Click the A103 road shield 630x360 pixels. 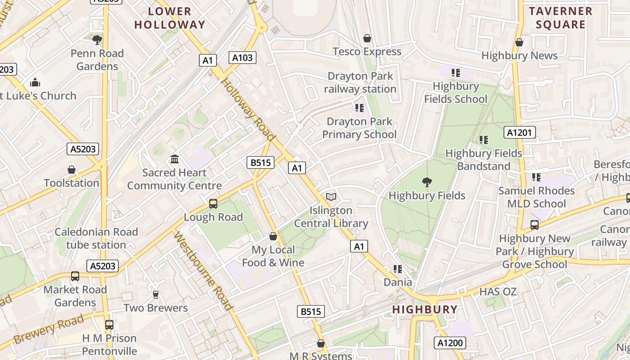coord(243,58)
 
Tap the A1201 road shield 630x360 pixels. coord(521,132)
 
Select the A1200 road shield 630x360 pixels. coord(450,343)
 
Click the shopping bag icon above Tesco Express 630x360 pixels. coord(367,38)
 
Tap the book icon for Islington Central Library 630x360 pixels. coord(331,197)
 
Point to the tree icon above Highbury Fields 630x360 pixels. coord(427,182)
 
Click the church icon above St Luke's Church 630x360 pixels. coord(35,82)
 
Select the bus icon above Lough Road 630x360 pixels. coord(213,204)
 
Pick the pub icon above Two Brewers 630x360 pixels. coord(156,295)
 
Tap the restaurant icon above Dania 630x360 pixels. coord(397,269)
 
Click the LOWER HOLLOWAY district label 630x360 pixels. coord(170,18)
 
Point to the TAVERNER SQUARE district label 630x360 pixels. coord(560,18)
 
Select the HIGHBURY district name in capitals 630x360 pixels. coord(425,310)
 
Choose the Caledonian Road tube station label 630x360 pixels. coord(96,238)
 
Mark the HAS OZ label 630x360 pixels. coord(498,292)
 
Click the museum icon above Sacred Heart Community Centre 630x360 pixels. coord(175,159)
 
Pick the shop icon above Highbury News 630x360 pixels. coord(519,42)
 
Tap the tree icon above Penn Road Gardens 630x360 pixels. coord(97,40)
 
